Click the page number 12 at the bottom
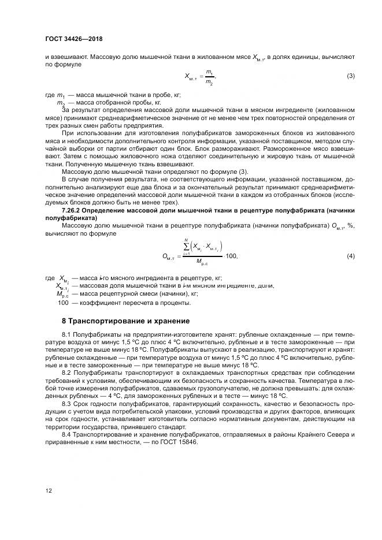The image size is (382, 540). pyautogui.click(x=48, y=491)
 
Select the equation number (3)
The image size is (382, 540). pyautogui.click(x=350, y=76)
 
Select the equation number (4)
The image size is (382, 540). pyautogui.click(x=350, y=255)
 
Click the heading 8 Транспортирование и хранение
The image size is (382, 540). pyautogui.click(x=125, y=321)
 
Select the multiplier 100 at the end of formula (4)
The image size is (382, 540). pyautogui.click(x=231, y=255)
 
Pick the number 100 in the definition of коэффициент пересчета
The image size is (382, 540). pyautogui.click(x=63, y=303)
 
